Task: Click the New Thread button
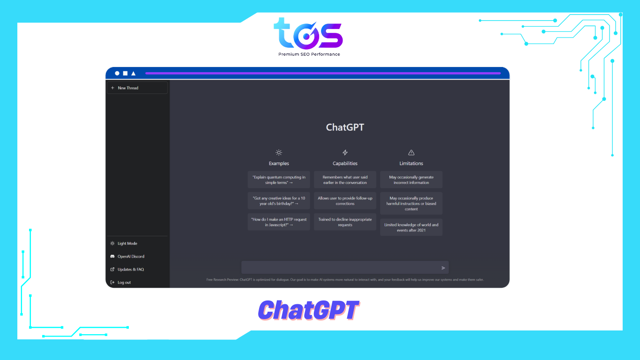click(x=137, y=88)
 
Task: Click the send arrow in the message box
click(x=443, y=268)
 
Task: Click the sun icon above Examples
click(x=279, y=152)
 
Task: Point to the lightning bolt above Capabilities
click(x=345, y=152)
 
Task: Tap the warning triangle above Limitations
click(x=411, y=152)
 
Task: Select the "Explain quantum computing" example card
click(x=279, y=180)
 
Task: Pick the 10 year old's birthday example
click(x=279, y=201)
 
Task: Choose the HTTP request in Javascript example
click(x=279, y=222)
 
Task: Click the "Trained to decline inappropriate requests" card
click(x=345, y=222)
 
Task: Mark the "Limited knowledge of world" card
click(x=411, y=227)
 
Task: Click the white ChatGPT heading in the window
click(x=345, y=127)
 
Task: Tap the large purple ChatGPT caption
click(x=309, y=310)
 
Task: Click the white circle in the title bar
click(x=117, y=73)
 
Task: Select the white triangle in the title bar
click(x=134, y=73)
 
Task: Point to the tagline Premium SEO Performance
click(x=309, y=54)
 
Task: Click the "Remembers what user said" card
click(x=345, y=180)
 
